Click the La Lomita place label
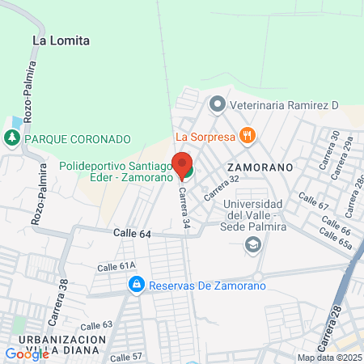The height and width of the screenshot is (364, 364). point(61,40)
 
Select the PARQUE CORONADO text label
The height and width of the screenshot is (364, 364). point(77,138)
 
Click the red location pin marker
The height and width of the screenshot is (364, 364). point(181,165)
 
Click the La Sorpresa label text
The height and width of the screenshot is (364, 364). point(205,136)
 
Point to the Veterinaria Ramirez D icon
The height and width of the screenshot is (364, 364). point(216,104)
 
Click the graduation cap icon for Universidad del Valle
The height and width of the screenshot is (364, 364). point(253,243)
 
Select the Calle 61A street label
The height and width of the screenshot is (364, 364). point(116,265)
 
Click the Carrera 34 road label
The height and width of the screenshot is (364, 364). point(185,206)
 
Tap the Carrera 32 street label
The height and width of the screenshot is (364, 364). point(222,188)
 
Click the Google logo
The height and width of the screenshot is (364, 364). point(27,353)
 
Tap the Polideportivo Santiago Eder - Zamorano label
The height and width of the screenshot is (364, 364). point(116,171)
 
